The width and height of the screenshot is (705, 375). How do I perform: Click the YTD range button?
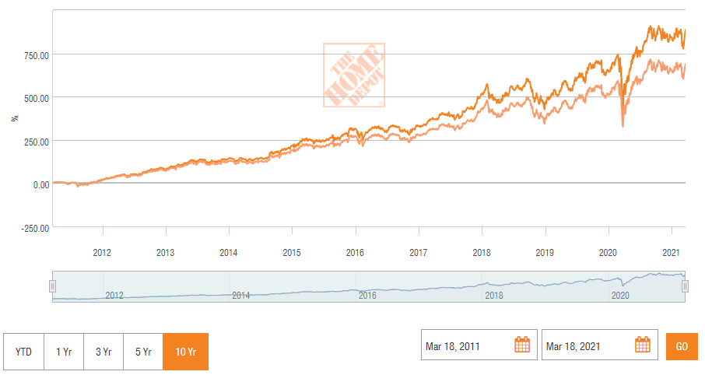pyautogui.click(x=23, y=352)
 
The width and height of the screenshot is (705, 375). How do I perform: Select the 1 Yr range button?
pyautogui.click(x=64, y=352)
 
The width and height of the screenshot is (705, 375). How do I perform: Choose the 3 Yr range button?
pyautogui.click(x=104, y=352)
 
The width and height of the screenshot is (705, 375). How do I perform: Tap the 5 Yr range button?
pyautogui.click(x=144, y=352)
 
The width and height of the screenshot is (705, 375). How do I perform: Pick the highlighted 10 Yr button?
pyautogui.click(x=185, y=352)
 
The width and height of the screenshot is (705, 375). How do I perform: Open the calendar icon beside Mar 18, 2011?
pyautogui.click(x=522, y=345)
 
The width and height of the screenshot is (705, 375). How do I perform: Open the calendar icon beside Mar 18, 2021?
pyautogui.click(x=642, y=345)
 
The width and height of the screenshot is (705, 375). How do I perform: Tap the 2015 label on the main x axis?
pyautogui.click(x=292, y=252)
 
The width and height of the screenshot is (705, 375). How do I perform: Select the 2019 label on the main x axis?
pyautogui.click(x=545, y=252)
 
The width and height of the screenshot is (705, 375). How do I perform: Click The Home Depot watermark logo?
pyautogui.click(x=354, y=75)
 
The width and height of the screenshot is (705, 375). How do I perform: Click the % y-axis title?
pyautogui.click(x=14, y=118)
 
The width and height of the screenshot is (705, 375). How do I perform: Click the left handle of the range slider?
pyautogui.click(x=53, y=286)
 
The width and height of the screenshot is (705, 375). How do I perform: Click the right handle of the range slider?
pyautogui.click(x=685, y=286)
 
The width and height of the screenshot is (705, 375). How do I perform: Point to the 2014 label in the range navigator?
pyautogui.click(x=240, y=296)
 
